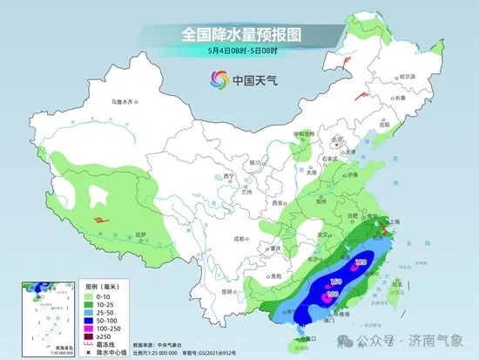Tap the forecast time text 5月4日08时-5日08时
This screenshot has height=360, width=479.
[x=239, y=50]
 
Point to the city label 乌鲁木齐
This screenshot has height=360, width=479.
[x=125, y=102]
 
